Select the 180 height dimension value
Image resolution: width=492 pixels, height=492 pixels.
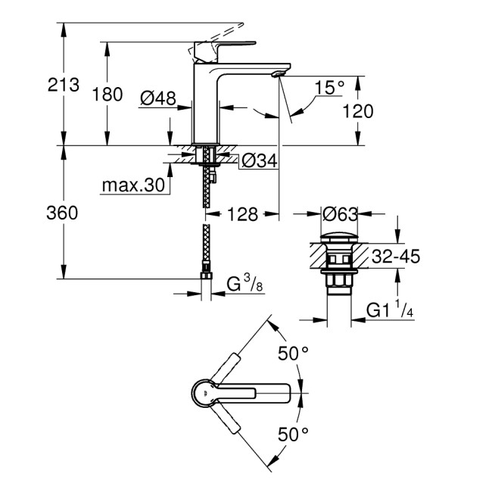(x=107, y=95)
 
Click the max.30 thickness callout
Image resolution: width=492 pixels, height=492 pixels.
(x=135, y=185)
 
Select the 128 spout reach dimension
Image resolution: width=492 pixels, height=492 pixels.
(x=242, y=214)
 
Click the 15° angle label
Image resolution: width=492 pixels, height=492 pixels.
(x=330, y=88)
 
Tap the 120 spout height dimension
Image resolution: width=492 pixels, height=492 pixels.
(x=358, y=111)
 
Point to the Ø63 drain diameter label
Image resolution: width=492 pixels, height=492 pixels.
(x=340, y=214)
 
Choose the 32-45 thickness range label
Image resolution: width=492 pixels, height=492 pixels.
(x=398, y=257)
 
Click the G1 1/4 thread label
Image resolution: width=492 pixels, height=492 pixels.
(x=390, y=310)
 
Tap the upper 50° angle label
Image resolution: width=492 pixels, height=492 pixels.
(x=294, y=353)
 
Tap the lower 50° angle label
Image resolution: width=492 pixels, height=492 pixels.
(x=294, y=434)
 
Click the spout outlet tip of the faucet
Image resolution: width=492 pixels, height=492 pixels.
(x=279, y=73)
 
